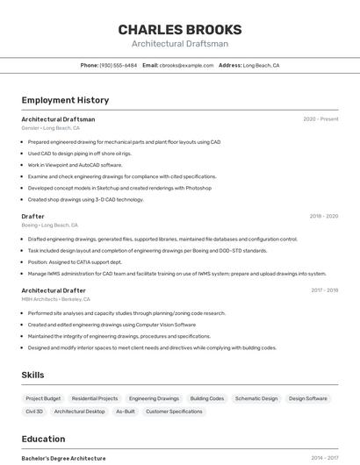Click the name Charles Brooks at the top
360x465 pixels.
[180, 30]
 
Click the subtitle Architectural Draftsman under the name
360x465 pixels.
[180, 44]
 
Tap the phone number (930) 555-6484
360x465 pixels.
[118, 65]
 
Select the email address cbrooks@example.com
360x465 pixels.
[185, 65]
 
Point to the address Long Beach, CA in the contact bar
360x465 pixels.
[261, 65]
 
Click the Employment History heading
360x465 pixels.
[65, 100]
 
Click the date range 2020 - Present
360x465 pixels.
[320, 119]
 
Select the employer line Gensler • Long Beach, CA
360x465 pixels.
[51, 128]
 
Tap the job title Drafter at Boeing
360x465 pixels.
[32, 216]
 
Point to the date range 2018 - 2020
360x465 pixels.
[323, 216]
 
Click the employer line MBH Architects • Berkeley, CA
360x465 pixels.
[57, 299]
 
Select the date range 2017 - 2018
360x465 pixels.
[324, 290]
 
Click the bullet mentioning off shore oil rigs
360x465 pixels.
[79, 154]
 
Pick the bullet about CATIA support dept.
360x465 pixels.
[75, 261]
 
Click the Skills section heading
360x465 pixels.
[33, 375]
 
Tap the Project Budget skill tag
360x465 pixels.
[43, 398]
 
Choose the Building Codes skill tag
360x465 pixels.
[207, 398]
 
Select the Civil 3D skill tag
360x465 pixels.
[34, 411]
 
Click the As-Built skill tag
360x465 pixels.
[126, 411]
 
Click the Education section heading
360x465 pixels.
[43, 439]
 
